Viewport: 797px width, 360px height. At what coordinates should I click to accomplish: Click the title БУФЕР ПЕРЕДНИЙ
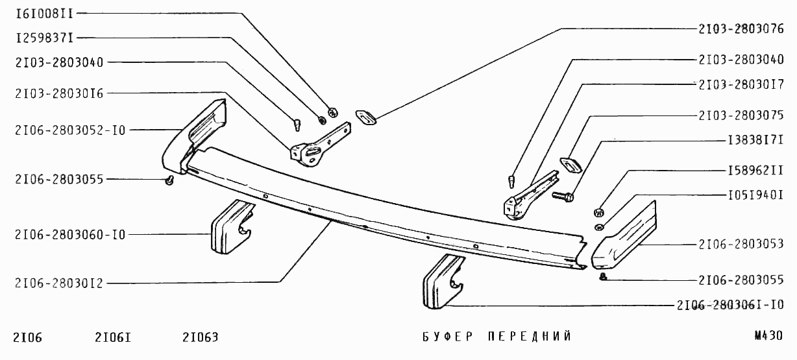point(497,337)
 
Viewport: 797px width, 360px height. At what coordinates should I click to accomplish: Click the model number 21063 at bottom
point(201,337)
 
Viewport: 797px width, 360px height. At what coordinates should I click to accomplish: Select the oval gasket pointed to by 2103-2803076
point(365,117)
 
